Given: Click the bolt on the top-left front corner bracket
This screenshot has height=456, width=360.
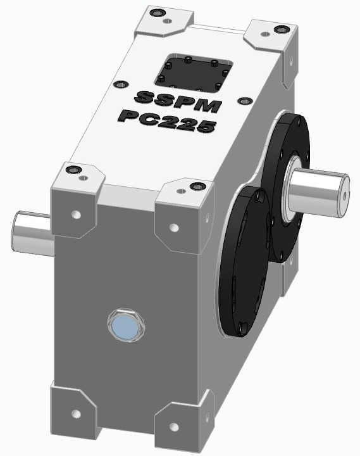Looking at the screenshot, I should click(x=76, y=170).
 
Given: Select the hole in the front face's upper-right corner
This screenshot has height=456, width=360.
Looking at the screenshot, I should click(x=174, y=227).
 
